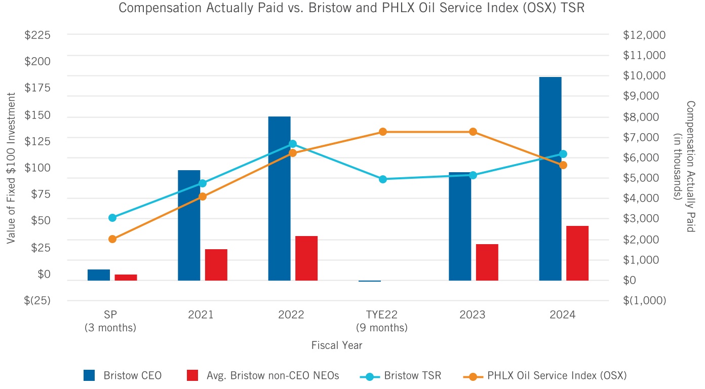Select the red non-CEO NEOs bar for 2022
306,258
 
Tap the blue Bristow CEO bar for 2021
189,225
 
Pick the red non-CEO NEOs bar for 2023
487,262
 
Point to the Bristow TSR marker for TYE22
383,179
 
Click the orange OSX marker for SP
112,239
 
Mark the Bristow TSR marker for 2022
293,144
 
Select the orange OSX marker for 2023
473,132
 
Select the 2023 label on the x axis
472,315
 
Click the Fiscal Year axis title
337,345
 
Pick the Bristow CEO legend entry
123,375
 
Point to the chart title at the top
352,8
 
